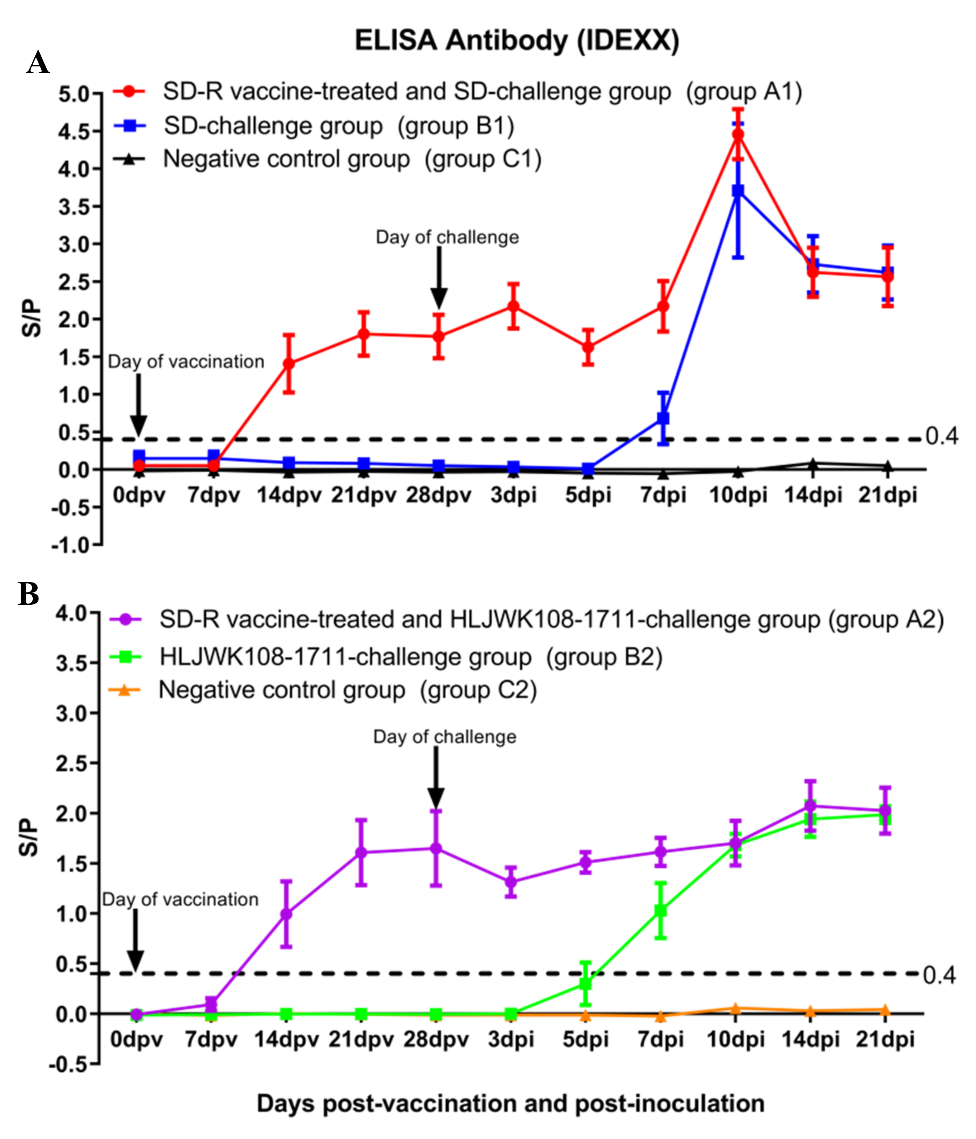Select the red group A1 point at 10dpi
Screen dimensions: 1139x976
(x=738, y=135)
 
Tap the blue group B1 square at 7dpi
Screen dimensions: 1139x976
(x=663, y=418)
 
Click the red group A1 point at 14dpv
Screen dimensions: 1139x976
(x=289, y=363)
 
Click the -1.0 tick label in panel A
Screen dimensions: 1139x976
(x=69, y=546)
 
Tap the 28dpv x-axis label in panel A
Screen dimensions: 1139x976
(x=438, y=495)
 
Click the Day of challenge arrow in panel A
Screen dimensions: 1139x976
(x=439, y=277)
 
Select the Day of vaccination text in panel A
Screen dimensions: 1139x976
(x=186, y=362)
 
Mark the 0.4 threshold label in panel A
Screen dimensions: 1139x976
(x=941, y=436)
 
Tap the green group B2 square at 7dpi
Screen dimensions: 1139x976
(x=660, y=911)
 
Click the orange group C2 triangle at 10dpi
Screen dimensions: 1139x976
(x=735, y=1008)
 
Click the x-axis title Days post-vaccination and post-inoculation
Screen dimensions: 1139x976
(x=510, y=1103)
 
